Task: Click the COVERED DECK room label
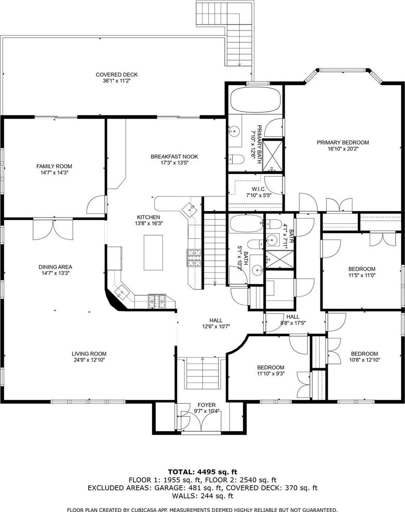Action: pyautogui.click(x=117, y=75)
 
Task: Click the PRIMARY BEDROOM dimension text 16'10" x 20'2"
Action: pyautogui.click(x=342, y=149)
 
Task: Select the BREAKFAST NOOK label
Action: pyautogui.click(x=174, y=157)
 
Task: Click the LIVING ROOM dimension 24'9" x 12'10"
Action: pyautogui.click(x=89, y=360)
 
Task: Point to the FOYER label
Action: pyautogui.click(x=206, y=405)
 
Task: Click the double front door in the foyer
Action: pyautogui.click(x=201, y=421)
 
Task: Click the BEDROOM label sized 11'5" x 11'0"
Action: pyautogui.click(x=361, y=269)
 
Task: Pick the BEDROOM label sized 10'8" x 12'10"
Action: pyautogui.click(x=364, y=354)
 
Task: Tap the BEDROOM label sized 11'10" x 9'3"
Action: pyautogui.click(x=271, y=368)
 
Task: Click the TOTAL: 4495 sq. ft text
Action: pyautogui.click(x=202, y=471)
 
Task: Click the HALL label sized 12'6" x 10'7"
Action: pyautogui.click(x=215, y=320)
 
